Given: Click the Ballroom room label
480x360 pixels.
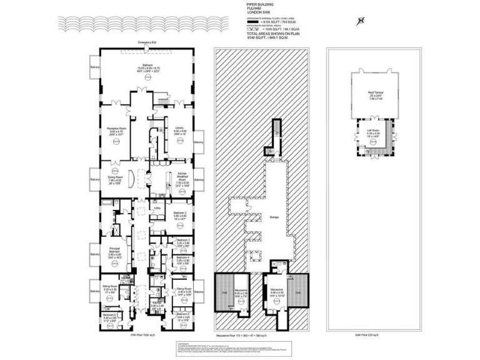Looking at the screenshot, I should coord(147,65).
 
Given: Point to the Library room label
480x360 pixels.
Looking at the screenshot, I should coord(179,128).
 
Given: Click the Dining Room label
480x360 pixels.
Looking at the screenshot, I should coord(116,177).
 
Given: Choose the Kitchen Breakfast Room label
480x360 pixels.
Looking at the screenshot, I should coord(183,177).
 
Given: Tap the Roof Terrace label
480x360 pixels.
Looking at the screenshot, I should coord(375,94).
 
